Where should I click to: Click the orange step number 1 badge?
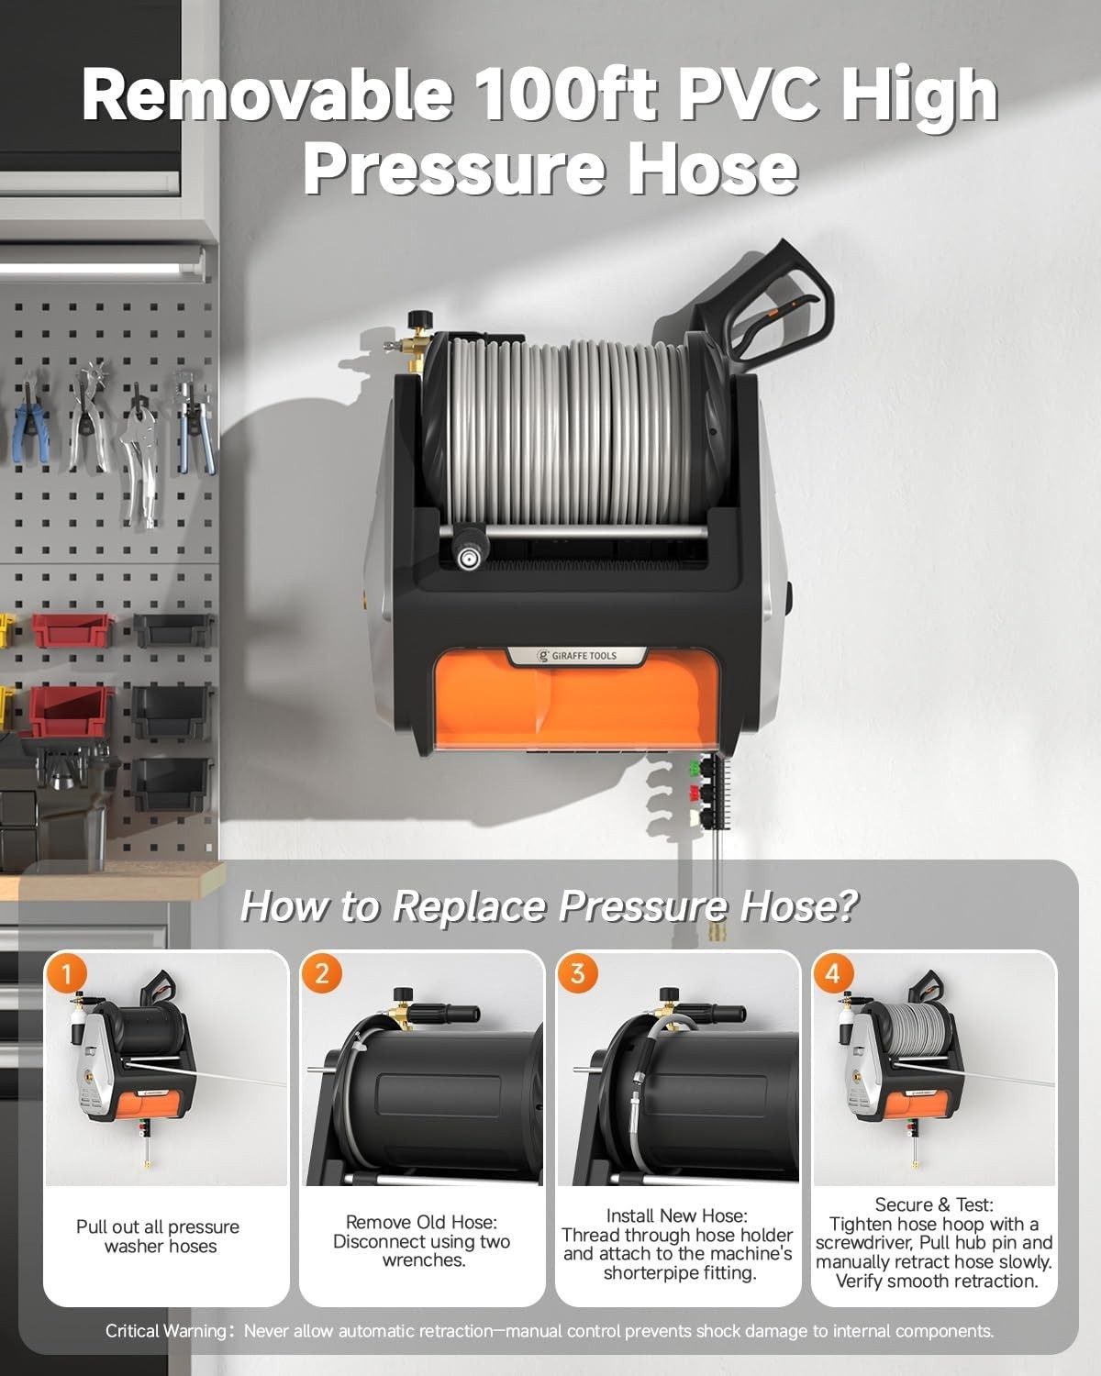[x=66, y=974]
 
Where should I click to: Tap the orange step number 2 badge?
[x=321, y=973]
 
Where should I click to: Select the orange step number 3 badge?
[x=577, y=973]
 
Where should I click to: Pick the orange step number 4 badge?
[x=833, y=973]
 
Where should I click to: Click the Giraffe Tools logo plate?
[x=577, y=655]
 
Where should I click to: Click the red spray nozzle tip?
[x=694, y=793]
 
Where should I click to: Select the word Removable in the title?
[x=267, y=94]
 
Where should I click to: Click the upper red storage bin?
[x=72, y=630]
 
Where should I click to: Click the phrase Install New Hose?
[x=676, y=1215]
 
